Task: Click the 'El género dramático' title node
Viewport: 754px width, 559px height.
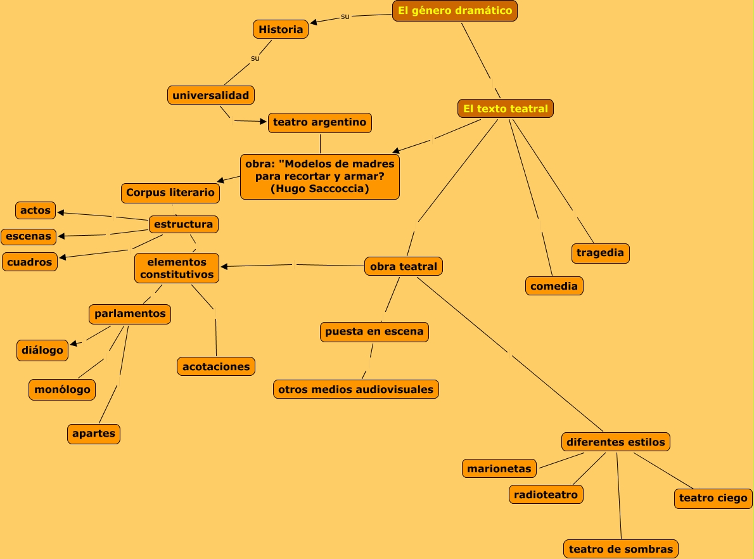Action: pos(456,11)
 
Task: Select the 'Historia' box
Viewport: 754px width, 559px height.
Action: pos(281,29)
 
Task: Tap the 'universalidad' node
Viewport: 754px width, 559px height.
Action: pos(211,95)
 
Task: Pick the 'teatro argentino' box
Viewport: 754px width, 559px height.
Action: pos(319,122)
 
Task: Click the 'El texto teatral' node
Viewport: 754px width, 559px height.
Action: pos(506,108)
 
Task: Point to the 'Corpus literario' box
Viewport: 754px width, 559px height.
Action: pos(170,193)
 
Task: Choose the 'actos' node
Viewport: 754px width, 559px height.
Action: pos(35,210)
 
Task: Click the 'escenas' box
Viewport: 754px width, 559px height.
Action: pos(29,236)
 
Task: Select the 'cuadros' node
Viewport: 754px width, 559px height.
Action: pos(30,262)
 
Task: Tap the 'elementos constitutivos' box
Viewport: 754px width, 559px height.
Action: pos(177,268)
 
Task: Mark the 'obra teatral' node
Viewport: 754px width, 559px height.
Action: pos(404,267)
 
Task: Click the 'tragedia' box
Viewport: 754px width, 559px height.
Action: pos(600,253)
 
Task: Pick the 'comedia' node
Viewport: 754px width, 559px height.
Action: pos(554,286)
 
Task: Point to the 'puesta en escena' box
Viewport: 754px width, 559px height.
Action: pos(374,331)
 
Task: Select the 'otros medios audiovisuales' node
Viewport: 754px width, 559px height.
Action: pos(356,389)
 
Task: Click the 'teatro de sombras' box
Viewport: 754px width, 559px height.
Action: pos(621,549)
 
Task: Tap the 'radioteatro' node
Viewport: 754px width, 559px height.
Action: pos(546,494)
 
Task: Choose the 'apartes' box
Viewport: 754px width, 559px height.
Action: pos(94,434)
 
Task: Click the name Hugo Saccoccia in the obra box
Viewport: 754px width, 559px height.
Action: pos(319,189)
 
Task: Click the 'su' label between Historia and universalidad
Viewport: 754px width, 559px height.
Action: pos(255,58)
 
